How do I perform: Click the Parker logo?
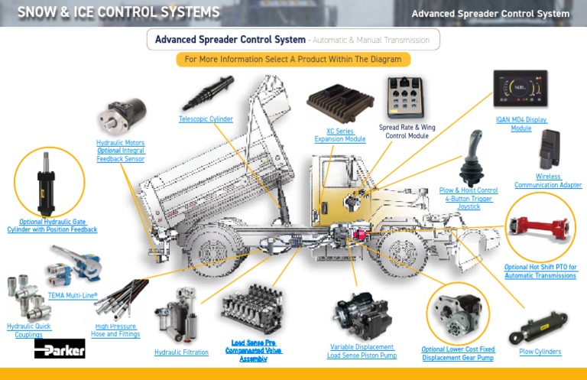tap(60, 349)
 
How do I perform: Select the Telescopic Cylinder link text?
tap(206, 119)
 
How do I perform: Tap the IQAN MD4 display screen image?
tap(521, 90)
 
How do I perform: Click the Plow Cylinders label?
tap(540, 352)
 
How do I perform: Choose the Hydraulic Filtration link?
tap(181, 352)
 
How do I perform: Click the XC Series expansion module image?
tap(339, 106)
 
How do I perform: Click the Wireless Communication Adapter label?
tap(548, 180)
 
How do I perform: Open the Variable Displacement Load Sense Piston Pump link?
tap(362, 350)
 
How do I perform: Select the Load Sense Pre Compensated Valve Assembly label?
tap(253, 350)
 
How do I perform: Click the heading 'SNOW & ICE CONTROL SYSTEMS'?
tap(118, 12)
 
